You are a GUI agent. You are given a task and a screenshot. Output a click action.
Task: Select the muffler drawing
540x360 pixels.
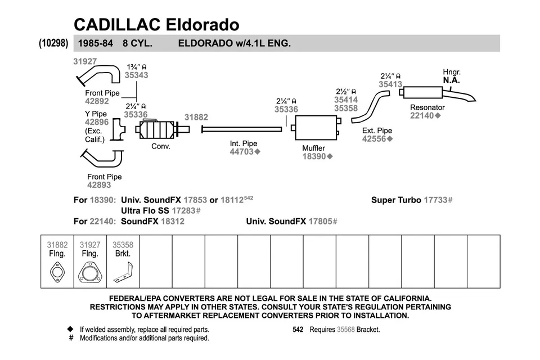pos(316,129)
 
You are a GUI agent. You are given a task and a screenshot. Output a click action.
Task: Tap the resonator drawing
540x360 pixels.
pos(430,93)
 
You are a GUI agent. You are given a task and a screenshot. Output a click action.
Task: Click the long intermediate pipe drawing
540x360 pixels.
pos(241,129)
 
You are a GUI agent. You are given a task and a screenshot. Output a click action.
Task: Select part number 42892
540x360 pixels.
pos(97,102)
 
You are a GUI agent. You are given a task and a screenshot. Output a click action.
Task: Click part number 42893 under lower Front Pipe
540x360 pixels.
pos(99,185)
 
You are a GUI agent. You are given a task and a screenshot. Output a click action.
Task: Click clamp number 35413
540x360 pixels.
pos(390,85)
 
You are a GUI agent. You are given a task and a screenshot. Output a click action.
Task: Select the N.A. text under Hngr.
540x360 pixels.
pos(451,80)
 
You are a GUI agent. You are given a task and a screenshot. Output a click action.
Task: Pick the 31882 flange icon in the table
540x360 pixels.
pos(57,274)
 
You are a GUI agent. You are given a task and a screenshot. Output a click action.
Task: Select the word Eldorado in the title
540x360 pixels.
pos(202,24)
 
